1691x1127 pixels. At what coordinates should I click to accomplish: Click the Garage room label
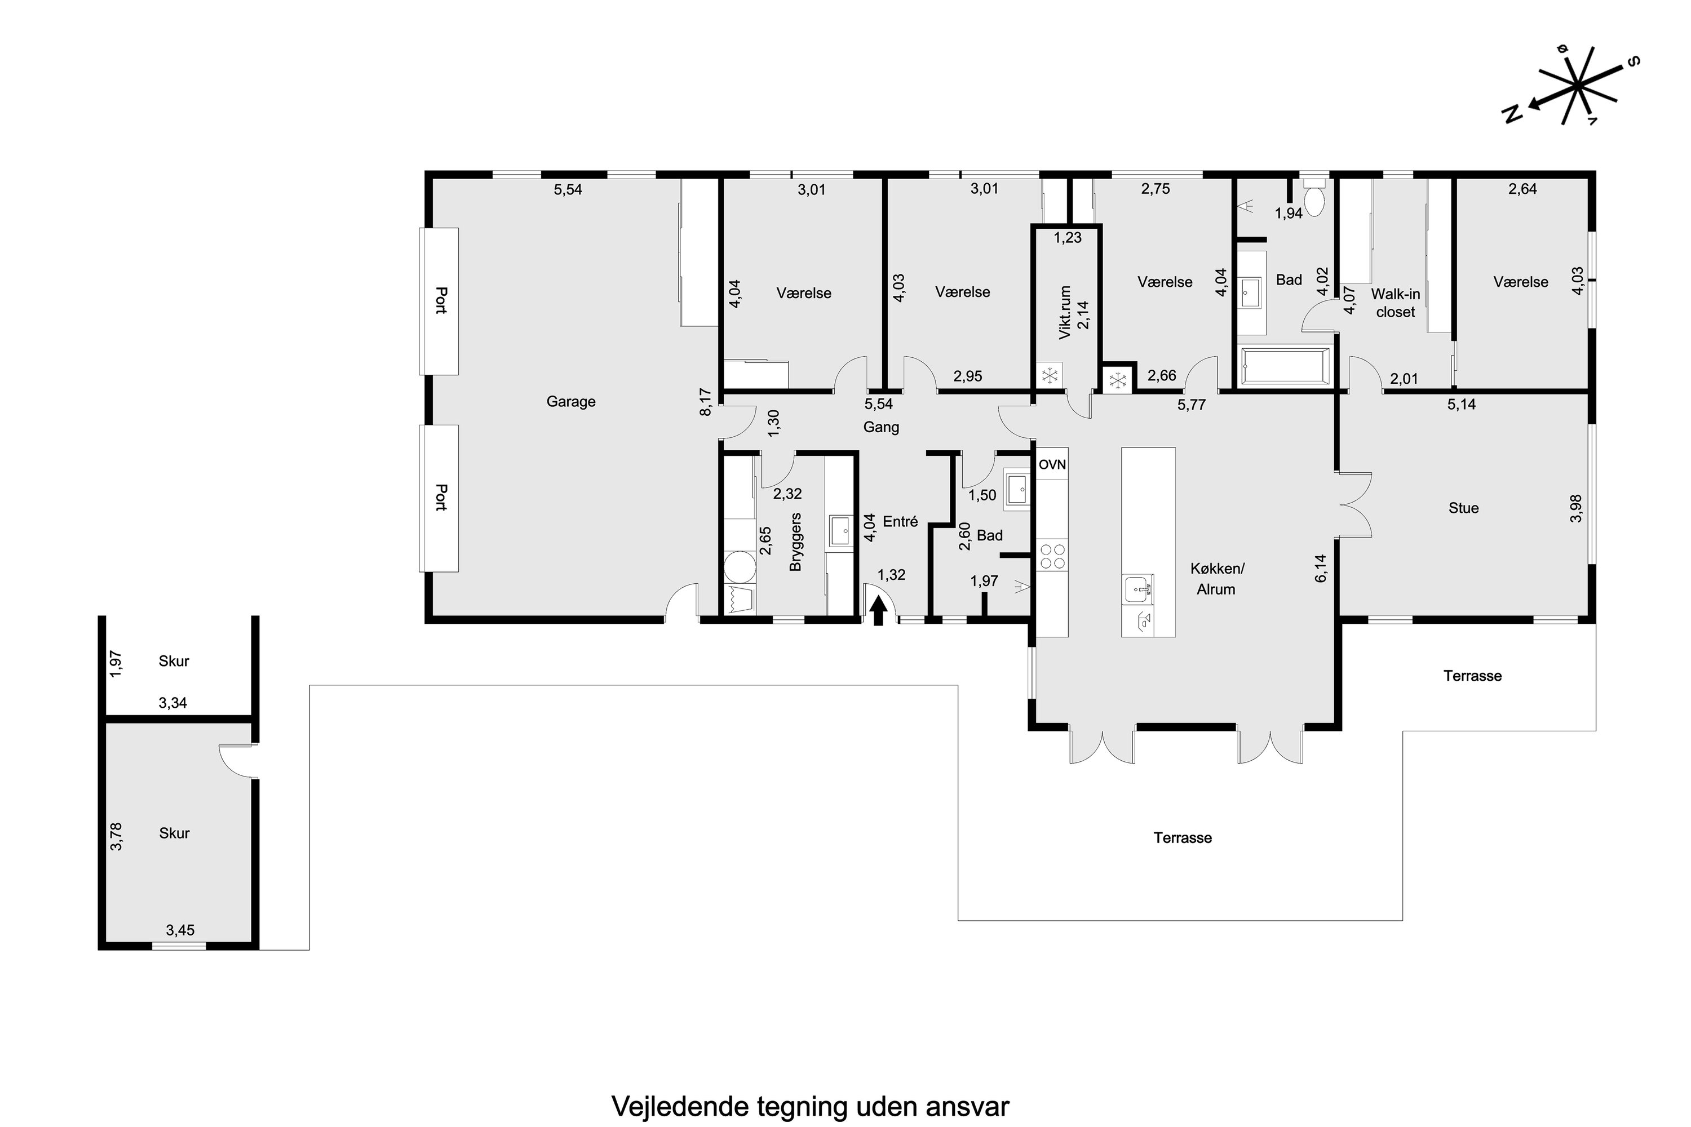pos(571,402)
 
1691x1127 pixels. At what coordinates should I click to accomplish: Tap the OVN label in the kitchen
pos(1052,465)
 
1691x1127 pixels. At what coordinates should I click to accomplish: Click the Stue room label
pos(1463,508)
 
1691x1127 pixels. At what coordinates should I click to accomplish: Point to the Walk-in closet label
pos(1396,303)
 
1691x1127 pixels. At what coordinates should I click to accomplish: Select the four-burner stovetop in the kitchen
pos(1052,556)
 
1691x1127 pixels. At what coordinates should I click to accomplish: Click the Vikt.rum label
pos(1065,312)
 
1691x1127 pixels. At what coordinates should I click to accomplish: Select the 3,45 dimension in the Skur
pos(180,930)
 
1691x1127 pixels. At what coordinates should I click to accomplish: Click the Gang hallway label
pos(880,428)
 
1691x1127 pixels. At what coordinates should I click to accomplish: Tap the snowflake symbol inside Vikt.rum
pos(1049,376)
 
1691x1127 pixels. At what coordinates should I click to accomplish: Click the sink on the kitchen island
pos(1137,589)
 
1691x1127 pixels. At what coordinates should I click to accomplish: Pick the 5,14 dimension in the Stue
pos(1462,405)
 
